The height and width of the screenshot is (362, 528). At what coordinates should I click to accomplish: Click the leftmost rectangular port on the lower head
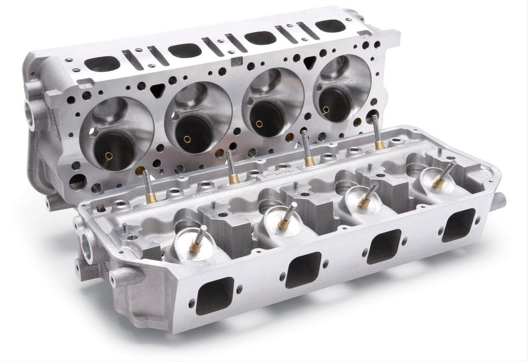[x=214, y=295]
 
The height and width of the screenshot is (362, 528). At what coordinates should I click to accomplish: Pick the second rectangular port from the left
[x=303, y=269]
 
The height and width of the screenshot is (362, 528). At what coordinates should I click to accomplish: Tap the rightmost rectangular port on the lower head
[x=458, y=224]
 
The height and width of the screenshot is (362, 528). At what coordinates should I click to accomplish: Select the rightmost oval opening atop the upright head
[x=330, y=25]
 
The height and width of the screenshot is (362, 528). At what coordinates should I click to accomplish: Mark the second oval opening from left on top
[x=184, y=50]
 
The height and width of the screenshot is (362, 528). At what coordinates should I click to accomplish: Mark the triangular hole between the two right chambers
[x=309, y=63]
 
